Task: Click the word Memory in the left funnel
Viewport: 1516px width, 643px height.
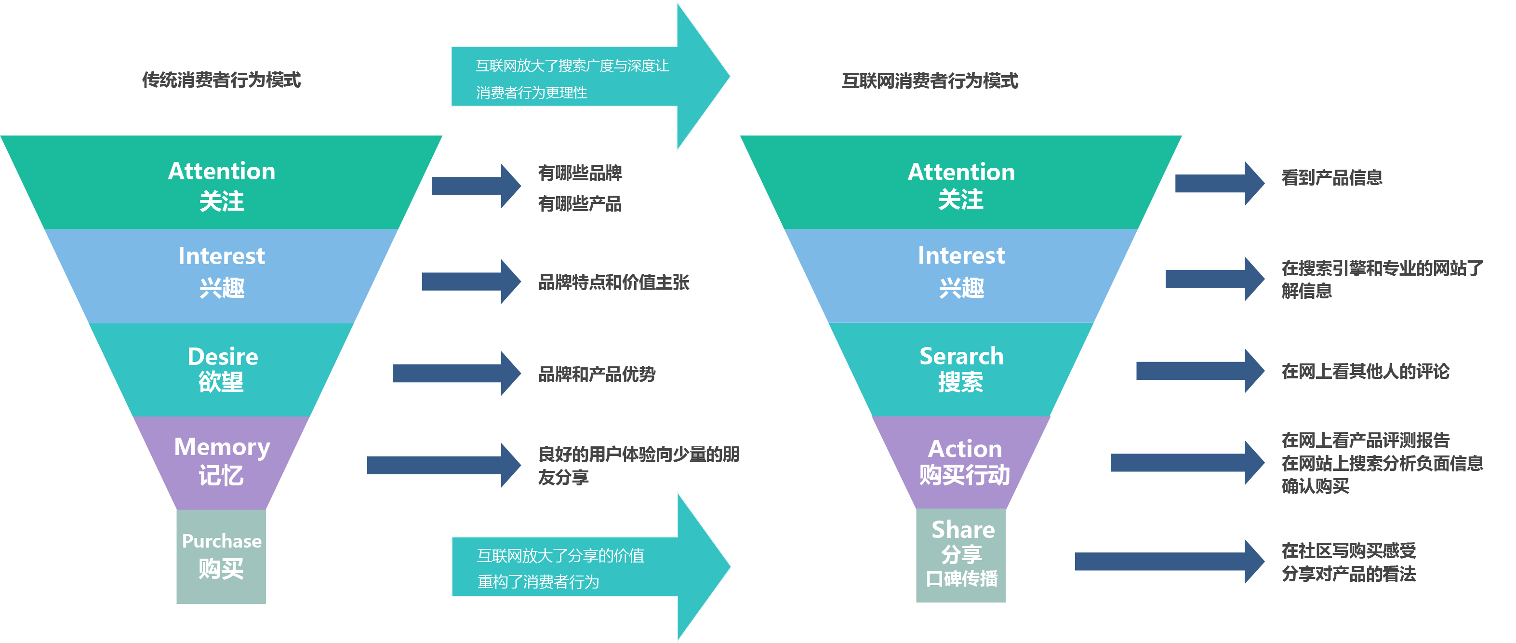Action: pos(222,447)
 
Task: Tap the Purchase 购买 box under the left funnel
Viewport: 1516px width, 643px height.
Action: pos(221,556)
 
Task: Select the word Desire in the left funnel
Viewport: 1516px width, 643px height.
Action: pos(223,357)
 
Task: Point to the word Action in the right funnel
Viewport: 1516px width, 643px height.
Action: pos(965,449)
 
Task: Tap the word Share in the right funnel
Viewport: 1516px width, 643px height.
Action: pos(963,530)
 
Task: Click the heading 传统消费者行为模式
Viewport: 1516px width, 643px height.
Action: pos(221,80)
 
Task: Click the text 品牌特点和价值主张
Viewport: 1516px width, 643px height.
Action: pos(613,282)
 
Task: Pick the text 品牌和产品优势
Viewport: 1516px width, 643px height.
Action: pos(597,375)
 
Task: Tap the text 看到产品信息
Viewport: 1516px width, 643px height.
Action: pos(1331,178)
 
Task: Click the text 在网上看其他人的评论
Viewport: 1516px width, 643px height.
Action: pos(1365,372)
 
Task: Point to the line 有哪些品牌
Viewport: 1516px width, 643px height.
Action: pos(580,173)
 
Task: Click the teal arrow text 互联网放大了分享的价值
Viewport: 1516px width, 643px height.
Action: pos(560,555)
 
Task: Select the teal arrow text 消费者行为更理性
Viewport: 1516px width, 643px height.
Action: pos(532,93)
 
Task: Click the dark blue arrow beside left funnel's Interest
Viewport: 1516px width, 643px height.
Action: pos(471,281)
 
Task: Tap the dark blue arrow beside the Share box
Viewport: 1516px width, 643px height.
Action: pos(1168,561)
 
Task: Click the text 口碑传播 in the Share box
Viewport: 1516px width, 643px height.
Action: pos(962,579)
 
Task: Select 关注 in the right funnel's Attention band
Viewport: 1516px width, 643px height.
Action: pos(960,200)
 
